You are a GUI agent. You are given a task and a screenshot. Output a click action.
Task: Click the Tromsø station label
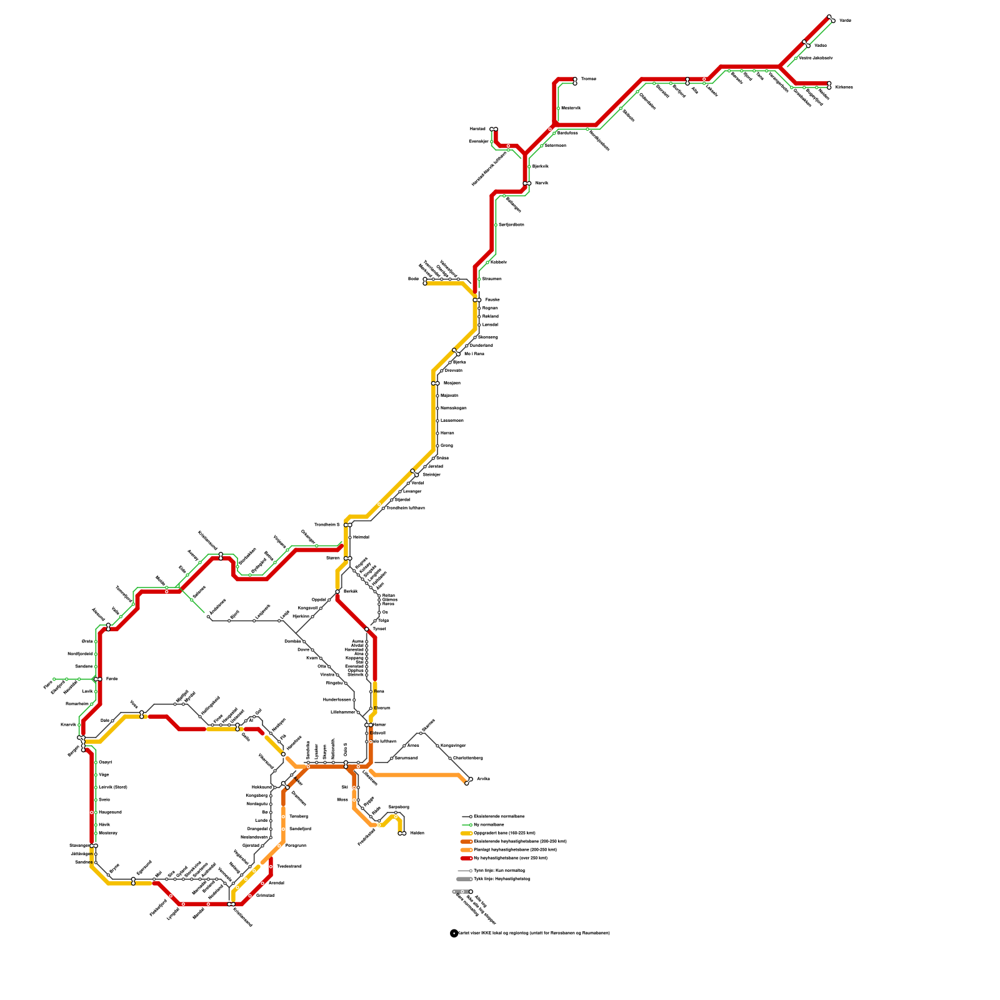coord(588,79)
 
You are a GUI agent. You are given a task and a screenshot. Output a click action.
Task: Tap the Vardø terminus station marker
coord(831,19)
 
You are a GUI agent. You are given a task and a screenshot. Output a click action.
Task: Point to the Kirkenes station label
coord(844,87)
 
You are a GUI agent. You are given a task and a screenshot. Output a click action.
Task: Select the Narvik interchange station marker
coord(527,183)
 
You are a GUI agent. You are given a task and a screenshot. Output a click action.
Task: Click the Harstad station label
coord(477,129)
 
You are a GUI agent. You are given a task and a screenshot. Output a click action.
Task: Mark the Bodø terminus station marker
coord(425,281)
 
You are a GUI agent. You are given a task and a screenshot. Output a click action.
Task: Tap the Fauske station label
coord(492,300)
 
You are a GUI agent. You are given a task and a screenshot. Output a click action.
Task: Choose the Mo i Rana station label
coord(474,354)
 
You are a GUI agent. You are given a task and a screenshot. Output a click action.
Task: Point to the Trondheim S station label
coord(327,525)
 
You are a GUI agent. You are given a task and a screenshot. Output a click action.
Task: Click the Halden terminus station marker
coord(402,833)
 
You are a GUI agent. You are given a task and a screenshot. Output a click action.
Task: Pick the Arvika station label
coord(483,779)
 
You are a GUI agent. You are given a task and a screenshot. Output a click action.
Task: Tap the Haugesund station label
coord(110,812)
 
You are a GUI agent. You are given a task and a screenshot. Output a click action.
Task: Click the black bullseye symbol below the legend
coord(454,933)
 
